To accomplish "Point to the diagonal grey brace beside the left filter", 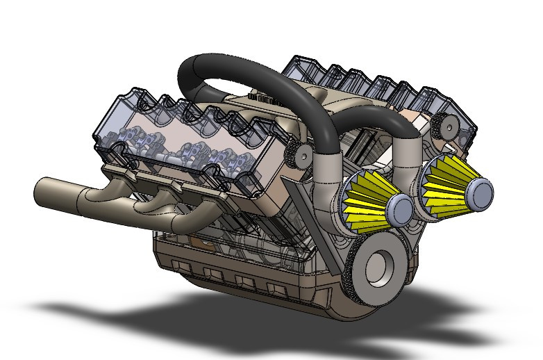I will point(300,202).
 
